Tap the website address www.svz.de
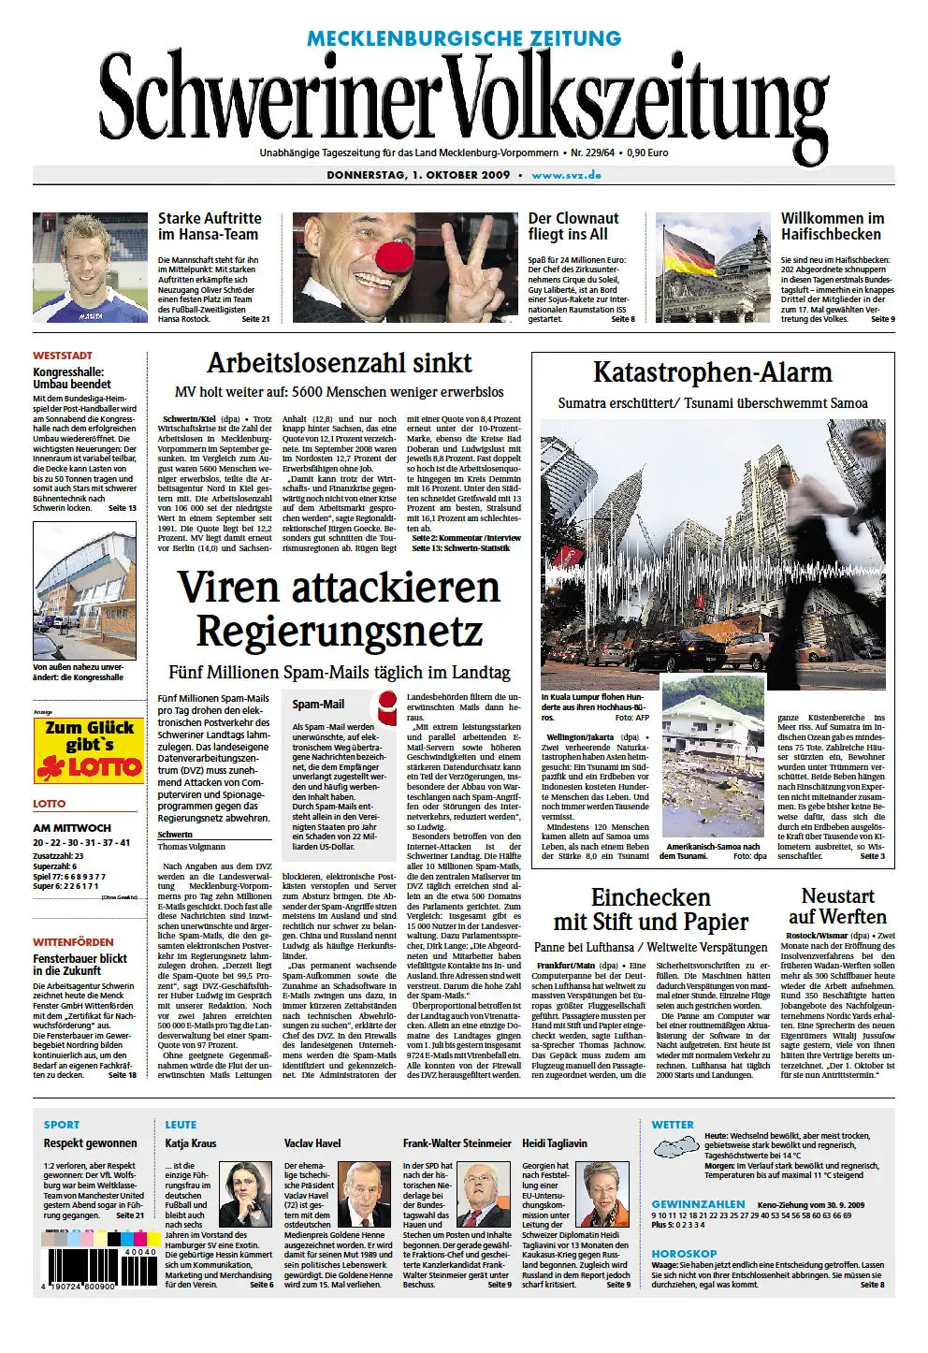click(x=566, y=175)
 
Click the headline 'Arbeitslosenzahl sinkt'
click(x=339, y=364)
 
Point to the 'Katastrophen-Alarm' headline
click(x=712, y=372)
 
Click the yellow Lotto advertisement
click(x=89, y=750)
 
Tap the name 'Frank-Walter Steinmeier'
click(x=457, y=1143)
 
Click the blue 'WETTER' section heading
click(x=673, y=1125)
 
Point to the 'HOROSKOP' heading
click(x=684, y=1253)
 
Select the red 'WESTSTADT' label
click(x=63, y=356)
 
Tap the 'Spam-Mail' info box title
click(x=318, y=705)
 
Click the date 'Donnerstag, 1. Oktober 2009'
click(x=418, y=175)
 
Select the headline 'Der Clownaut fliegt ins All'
click(x=573, y=226)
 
